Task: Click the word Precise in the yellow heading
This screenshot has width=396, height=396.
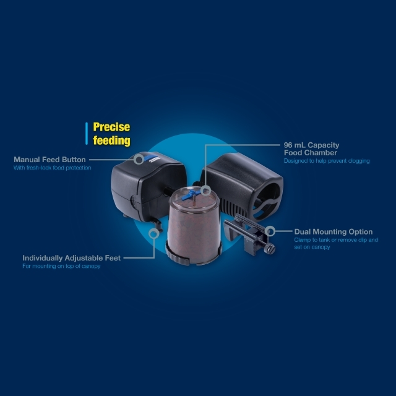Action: click(x=111, y=127)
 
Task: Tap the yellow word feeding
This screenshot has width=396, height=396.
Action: click(x=111, y=140)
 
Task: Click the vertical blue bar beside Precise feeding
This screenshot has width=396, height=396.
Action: click(x=86, y=133)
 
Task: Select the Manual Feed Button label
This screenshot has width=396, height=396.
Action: click(x=49, y=160)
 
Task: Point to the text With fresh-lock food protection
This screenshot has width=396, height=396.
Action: click(x=52, y=168)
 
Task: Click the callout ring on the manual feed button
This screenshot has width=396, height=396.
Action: click(x=139, y=158)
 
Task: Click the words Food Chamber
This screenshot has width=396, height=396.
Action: click(x=311, y=153)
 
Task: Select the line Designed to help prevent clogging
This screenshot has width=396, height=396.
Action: click(x=326, y=161)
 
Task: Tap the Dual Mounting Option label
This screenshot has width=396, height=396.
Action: click(x=334, y=232)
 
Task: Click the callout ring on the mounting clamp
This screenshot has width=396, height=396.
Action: click(x=272, y=231)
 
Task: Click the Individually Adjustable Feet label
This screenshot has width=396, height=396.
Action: click(x=71, y=258)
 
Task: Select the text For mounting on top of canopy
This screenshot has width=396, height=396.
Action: click(x=61, y=266)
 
